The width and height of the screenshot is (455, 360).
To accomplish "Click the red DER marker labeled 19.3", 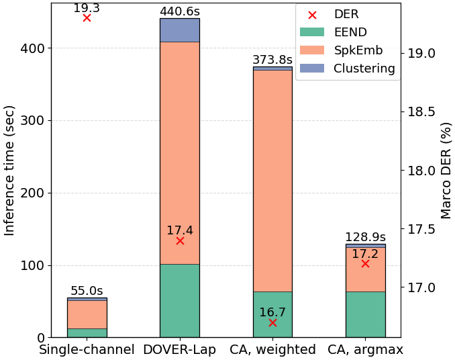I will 87,17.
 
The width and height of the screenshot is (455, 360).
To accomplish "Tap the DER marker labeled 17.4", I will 180,240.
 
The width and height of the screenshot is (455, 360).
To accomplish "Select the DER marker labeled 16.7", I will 272,322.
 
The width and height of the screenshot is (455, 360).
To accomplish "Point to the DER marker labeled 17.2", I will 365,263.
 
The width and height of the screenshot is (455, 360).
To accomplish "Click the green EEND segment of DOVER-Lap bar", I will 179,300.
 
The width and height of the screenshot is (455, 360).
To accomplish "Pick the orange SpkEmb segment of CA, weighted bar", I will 272,180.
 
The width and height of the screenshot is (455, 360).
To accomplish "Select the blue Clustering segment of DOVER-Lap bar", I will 179,30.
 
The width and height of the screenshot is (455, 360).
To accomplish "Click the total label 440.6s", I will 179,11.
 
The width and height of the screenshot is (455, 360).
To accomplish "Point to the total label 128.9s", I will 365,237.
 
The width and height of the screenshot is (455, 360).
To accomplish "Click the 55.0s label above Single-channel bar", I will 87,291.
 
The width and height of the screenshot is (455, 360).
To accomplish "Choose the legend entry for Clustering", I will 364,69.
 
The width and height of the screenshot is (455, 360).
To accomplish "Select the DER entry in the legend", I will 346,14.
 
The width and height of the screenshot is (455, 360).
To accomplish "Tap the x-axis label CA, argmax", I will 365,350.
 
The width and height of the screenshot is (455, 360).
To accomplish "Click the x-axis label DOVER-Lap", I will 179,350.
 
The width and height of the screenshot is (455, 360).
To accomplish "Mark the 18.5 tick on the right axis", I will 422,112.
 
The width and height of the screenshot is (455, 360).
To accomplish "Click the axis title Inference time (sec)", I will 9,170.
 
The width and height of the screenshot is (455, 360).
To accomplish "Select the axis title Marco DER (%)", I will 446,170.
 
